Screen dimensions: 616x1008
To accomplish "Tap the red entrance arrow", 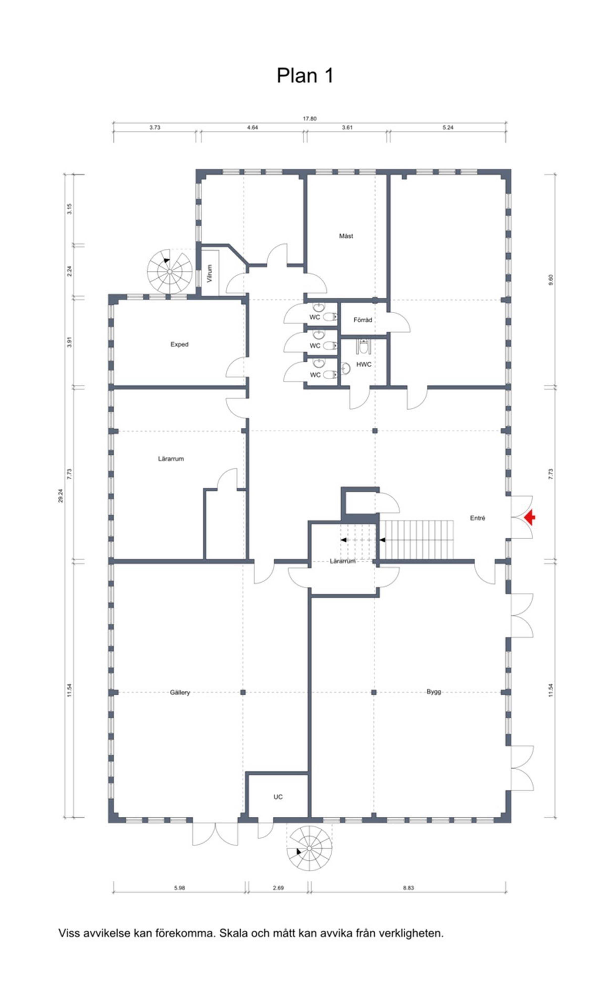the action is (x=530, y=517).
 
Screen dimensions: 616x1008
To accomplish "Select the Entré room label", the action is (x=478, y=518).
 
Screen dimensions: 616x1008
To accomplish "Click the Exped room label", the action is (x=179, y=344).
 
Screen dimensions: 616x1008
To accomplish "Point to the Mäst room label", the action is (x=346, y=236).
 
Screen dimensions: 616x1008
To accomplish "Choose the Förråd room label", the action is (x=363, y=320).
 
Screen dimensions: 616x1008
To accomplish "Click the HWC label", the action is (x=364, y=364).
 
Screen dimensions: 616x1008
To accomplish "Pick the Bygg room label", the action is (x=434, y=692).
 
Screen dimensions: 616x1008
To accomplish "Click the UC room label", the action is (x=278, y=797).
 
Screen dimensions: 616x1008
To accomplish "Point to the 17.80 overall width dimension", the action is (x=310, y=119).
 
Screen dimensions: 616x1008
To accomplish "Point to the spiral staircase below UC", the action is (x=309, y=848).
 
